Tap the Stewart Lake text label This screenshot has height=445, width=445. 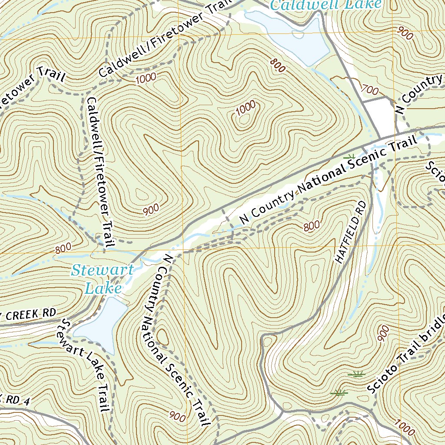pos(103,279)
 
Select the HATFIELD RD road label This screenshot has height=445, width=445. pos(351,232)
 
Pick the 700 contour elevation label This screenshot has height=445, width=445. pos(370,90)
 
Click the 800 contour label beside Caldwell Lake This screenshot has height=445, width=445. pos(277,65)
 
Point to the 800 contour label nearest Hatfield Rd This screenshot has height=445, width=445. pos(312,226)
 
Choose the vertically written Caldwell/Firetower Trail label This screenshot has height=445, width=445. pos(100,172)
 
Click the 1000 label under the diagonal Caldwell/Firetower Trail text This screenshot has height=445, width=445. pos(145,79)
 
